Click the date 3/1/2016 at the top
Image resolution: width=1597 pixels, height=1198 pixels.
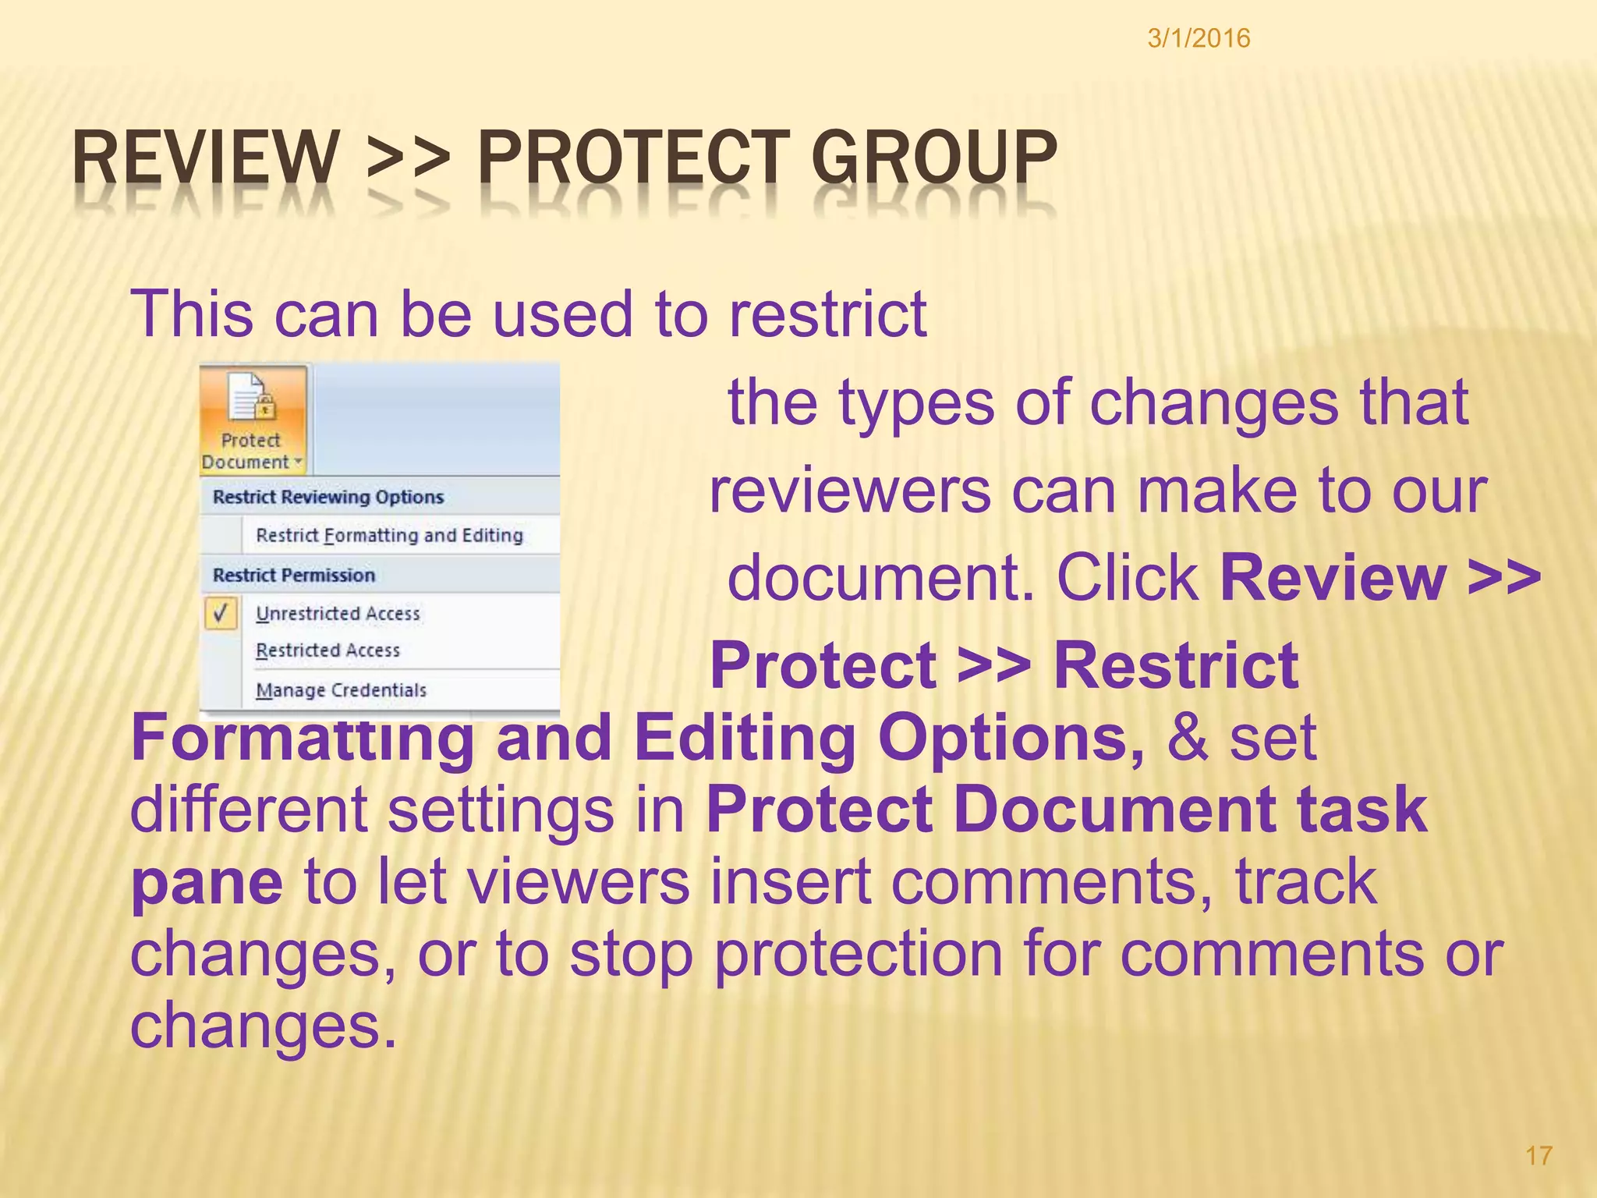[1199, 38]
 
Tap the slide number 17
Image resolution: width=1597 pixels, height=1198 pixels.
[1539, 1155]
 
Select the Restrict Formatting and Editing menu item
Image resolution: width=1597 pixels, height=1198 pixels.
[389, 535]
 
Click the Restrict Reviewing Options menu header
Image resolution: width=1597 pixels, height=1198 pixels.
[328, 497]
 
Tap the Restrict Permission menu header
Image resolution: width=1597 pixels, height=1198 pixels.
[294, 575]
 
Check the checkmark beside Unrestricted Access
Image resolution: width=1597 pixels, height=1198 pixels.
[221, 613]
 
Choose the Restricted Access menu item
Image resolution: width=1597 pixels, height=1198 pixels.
[328, 650]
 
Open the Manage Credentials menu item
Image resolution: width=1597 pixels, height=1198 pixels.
[341, 690]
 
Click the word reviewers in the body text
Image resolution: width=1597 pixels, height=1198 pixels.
[850, 492]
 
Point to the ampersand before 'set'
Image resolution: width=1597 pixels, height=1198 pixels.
[1187, 738]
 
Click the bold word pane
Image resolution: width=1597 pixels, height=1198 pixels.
[207, 884]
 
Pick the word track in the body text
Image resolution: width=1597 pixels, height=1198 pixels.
[1305, 882]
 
